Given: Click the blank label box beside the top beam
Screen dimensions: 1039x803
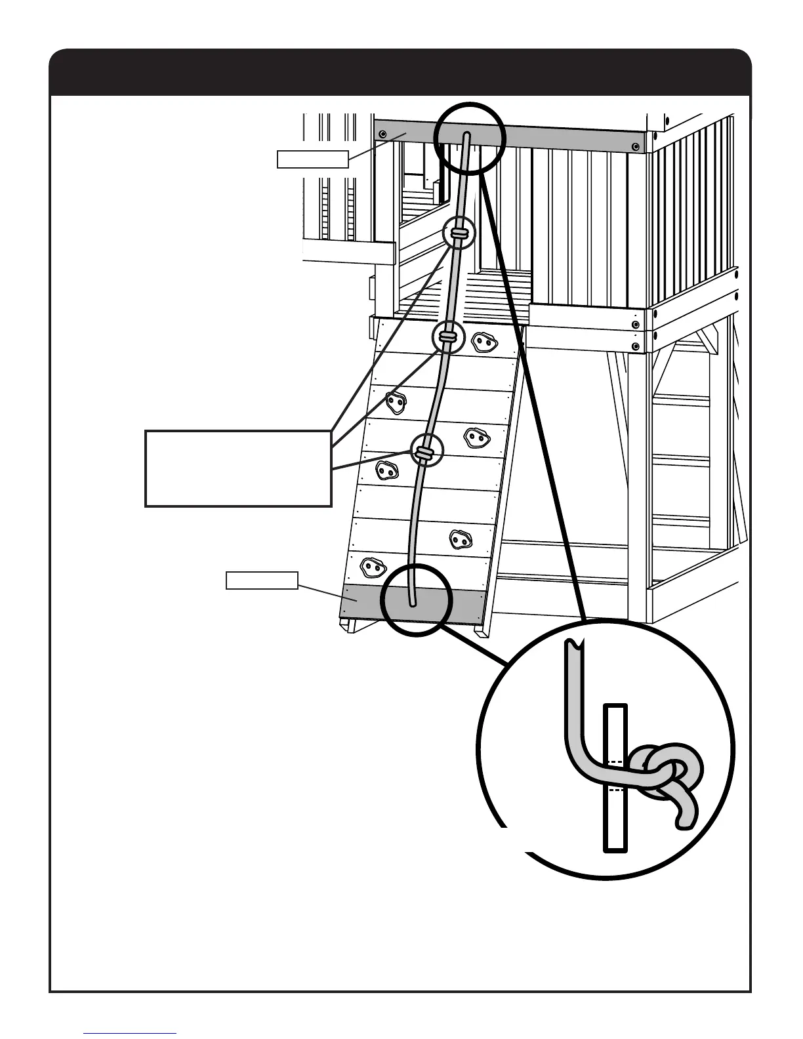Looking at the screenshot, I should coord(312,159).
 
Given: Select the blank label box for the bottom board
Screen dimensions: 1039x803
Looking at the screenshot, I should coord(262,581).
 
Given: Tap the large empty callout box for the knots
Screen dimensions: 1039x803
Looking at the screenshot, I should coord(237,468).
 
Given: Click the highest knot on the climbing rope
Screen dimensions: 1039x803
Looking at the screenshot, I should coord(459,233).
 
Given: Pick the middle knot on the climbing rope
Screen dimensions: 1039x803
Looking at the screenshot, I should coord(447,336).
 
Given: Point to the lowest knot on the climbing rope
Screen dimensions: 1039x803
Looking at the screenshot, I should coord(423,451).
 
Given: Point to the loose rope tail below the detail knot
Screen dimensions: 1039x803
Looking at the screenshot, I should coord(686,813).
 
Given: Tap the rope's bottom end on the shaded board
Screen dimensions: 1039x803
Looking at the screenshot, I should coord(412,602).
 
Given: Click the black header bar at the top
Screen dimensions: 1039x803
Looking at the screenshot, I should coord(400,72).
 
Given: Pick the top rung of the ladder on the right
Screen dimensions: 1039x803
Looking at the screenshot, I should coord(682,399).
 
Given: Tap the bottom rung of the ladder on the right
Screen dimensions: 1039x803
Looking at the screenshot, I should coord(682,522).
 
